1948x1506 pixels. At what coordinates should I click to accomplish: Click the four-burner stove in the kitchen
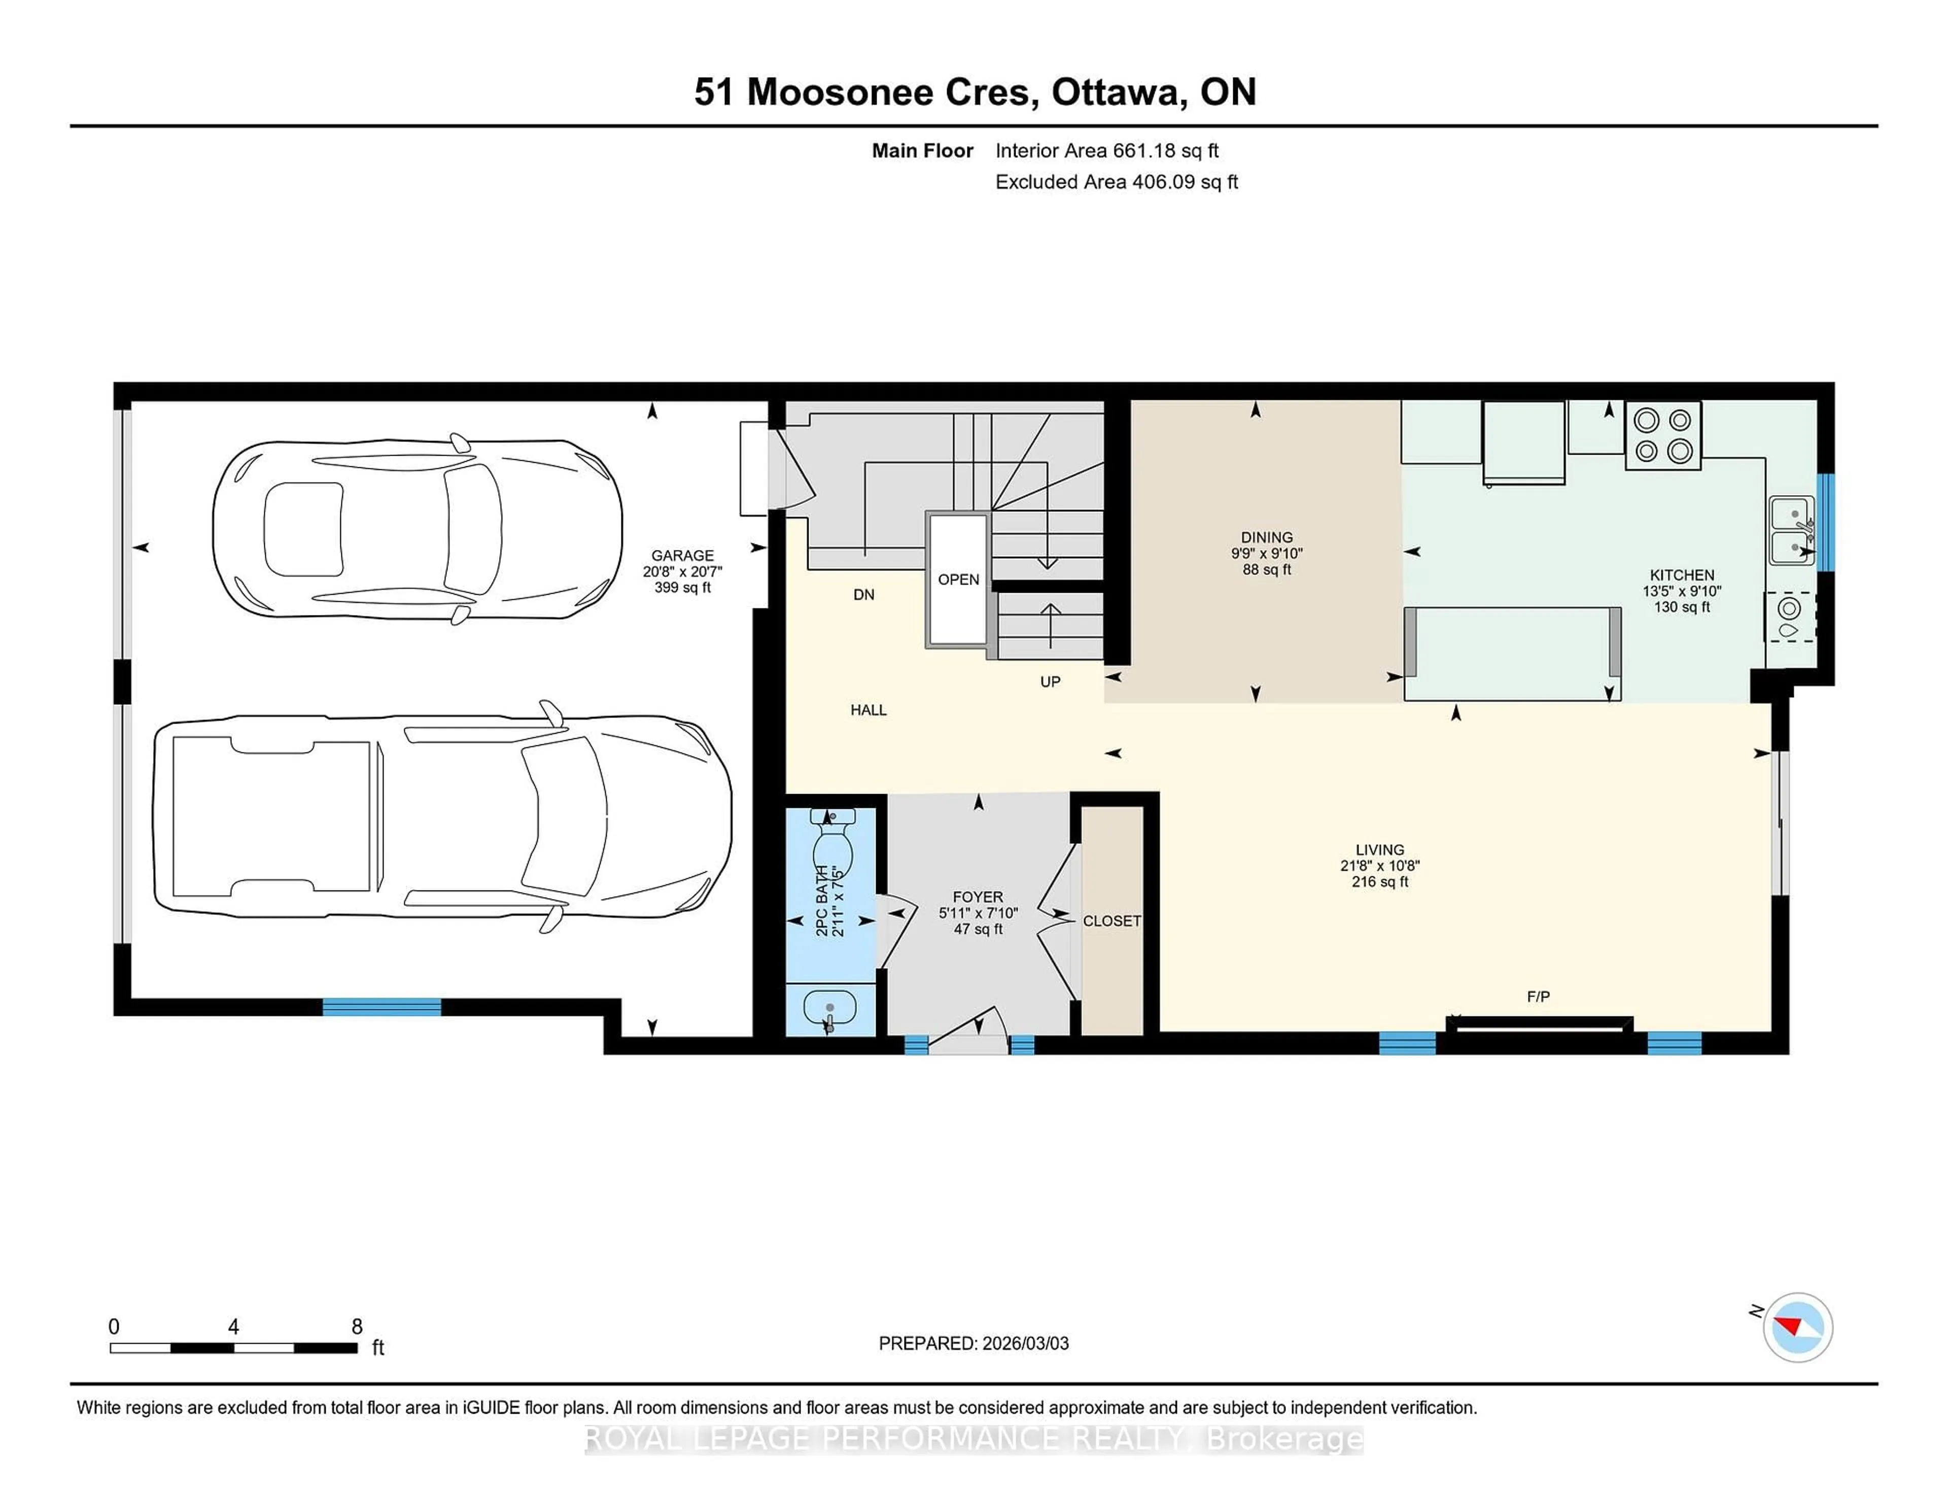[x=1662, y=435]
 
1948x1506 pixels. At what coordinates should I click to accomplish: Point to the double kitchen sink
[x=1791, y=531]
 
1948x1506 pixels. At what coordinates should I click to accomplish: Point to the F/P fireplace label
[x=1538, y=997]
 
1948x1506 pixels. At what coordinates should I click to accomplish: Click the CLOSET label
[x=1111, y=921]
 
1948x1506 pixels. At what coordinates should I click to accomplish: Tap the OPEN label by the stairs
[x=958, y=579]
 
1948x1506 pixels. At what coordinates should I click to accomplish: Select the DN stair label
[x=863, y=594]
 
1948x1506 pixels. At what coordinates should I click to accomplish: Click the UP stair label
[x=1050, y=681]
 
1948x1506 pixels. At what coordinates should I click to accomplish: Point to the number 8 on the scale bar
[x=357, y=1327]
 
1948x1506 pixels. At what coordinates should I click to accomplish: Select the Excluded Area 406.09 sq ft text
[x=1116, y=182]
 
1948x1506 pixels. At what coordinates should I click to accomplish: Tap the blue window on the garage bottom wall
[x=382, y=1007]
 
